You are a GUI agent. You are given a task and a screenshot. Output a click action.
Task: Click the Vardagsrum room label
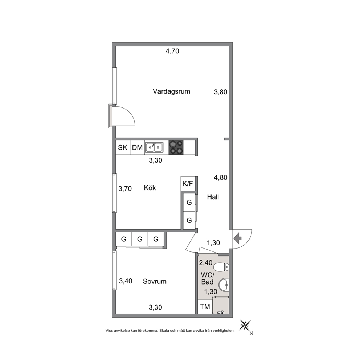171,91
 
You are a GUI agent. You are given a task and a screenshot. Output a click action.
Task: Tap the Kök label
150,188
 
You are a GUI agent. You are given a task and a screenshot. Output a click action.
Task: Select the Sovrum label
155,281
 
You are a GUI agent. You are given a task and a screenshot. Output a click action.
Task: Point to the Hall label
213,197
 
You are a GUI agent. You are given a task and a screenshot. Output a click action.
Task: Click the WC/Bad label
207,278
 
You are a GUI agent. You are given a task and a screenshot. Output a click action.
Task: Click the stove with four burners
176,147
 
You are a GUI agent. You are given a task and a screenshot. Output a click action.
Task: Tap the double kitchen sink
154,147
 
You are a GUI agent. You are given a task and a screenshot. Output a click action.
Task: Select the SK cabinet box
123,147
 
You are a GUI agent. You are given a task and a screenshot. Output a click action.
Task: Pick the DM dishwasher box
137,147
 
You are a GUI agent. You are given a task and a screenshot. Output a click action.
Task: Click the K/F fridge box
188,183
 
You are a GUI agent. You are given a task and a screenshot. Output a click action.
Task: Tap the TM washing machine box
205,307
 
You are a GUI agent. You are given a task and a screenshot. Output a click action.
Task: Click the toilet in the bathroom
221,267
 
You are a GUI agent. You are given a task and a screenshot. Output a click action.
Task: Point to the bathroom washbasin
224,285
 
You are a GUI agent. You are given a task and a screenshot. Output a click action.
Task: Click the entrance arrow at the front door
238,238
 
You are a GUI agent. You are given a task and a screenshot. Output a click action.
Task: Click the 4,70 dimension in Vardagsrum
172,51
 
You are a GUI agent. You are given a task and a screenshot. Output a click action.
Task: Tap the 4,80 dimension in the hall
221,177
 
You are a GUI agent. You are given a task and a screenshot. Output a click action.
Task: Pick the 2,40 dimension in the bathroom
206,262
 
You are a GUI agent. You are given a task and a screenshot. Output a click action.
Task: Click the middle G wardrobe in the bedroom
140,239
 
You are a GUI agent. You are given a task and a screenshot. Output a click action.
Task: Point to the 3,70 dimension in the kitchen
125,188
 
